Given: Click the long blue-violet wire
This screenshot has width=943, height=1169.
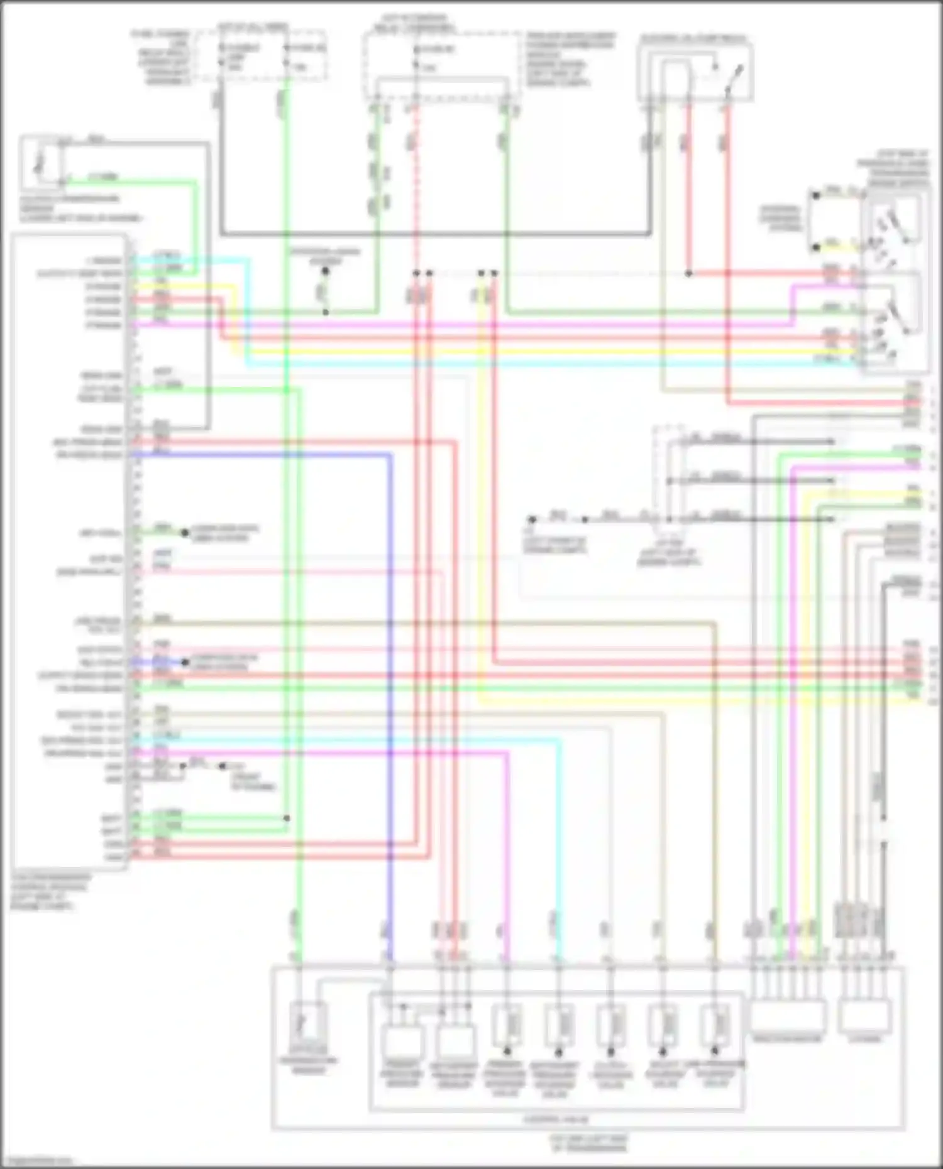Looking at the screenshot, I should click(x=390, y=691).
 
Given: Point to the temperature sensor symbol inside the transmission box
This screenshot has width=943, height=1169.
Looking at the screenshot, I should click(x=308, y=1024).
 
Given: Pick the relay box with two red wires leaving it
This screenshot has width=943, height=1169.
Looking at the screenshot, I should click(x=695, y=72).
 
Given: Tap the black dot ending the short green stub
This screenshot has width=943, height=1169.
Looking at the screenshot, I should click(x=185, y=533).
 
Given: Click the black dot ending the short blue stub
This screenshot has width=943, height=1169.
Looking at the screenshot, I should click(x=185, y=662).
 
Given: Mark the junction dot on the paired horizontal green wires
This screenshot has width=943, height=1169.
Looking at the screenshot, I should click(x=287, y=818).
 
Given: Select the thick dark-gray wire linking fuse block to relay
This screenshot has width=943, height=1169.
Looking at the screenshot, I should click(x=434, y=234).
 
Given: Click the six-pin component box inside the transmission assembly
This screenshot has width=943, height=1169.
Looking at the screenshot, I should click(x=788, y=1018).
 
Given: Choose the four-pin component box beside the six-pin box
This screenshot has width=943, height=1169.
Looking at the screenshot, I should click(x=865, y=1018).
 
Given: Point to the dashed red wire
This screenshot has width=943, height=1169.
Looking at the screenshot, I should click(x=415, y=188).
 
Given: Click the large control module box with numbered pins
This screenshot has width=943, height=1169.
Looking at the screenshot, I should click(x=69, y=553).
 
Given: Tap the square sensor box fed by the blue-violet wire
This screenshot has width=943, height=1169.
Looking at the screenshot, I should click(x=402, y=1041).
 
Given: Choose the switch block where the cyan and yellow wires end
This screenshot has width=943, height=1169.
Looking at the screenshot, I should click(x=895, y=283).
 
